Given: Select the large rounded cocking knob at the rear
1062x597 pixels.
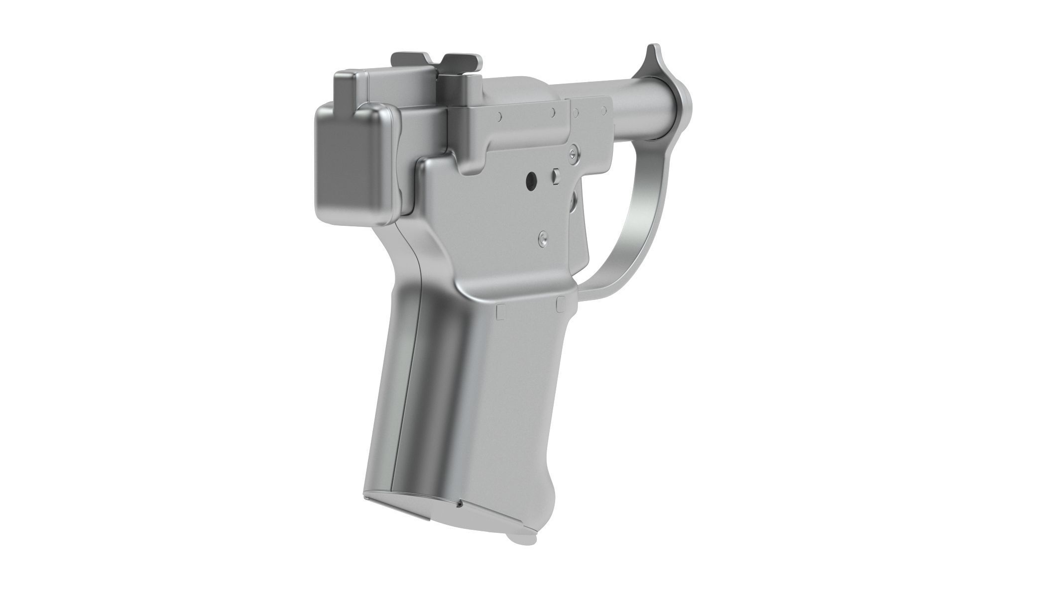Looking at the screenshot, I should pos(356,164).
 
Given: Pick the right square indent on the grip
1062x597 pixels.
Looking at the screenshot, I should pos(560,301).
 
